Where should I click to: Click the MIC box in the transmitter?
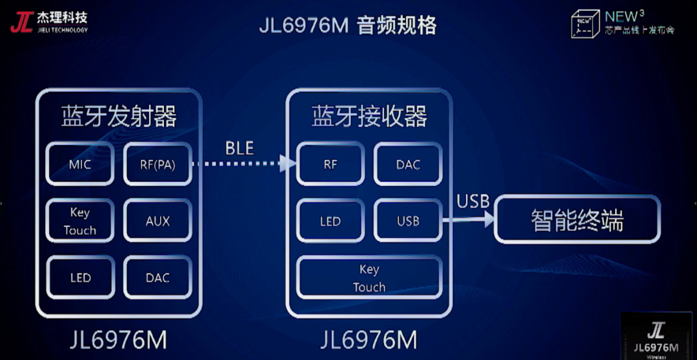coord(80,165)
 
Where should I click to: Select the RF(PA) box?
coord(157,165)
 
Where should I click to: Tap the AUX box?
coord(157,221)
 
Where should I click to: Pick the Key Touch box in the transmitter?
coord(80,221)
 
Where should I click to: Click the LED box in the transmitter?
coord(80,278)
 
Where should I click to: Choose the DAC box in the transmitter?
coord(157,278)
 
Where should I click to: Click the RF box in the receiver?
coord(330,165)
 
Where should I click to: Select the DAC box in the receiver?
coord(408,165)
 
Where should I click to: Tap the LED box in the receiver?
coord(330,221)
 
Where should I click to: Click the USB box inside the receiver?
coord(408,221)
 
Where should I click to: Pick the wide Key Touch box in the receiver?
coord(369,278)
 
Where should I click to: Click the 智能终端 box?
coord(578,220)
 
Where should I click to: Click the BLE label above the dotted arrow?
coord(239,148)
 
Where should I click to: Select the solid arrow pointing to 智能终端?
coord(467,220)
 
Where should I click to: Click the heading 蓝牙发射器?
coord(119,117)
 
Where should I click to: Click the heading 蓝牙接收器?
coord(369,117)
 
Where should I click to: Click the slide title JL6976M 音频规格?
coord(348,25)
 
